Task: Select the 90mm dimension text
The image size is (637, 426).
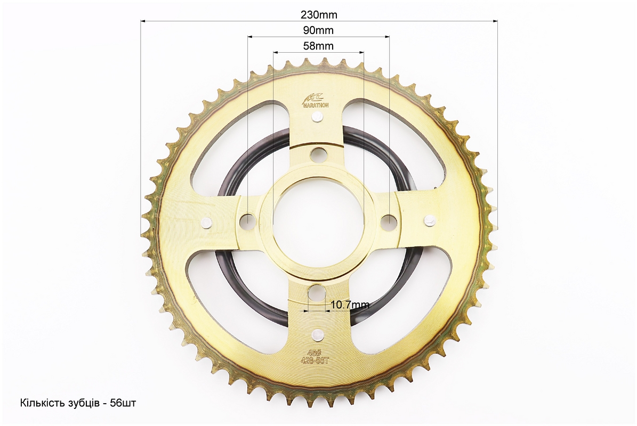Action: click(x=318, y=30)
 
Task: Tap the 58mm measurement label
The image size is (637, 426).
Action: click(x=318, y=46)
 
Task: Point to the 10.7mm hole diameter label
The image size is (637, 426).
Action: click(x=350, y=305)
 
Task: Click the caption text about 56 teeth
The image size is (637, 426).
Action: click(x=78, y=403)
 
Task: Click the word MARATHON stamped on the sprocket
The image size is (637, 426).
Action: click(x=316, y=105)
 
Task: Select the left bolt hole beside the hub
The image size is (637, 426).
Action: click(x=248, y=220)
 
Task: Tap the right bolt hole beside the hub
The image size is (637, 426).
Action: click(x=389, y=220)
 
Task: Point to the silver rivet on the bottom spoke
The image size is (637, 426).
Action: click(x=317, y=334)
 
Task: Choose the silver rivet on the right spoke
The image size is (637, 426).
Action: click(x=430, y=220)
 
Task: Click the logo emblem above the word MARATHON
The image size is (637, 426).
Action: click(x=312, y=97)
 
